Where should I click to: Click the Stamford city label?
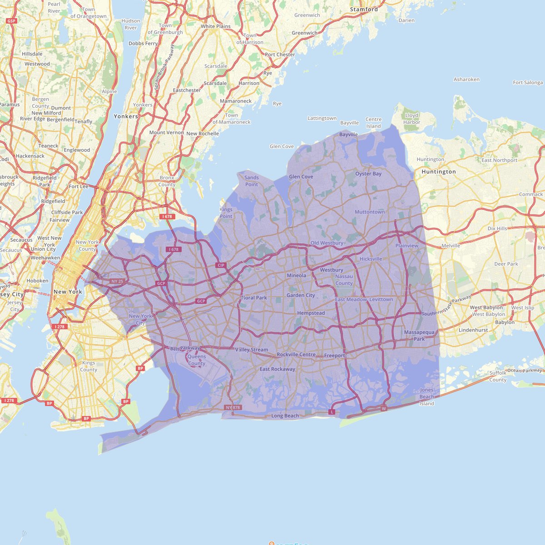click(x=364, y=9)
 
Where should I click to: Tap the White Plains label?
click(x=216, y=26)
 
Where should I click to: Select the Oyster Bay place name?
click(x=368, y=174)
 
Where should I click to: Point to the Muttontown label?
click(x=370, y=212)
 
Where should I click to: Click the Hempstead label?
click(x=311, y=313)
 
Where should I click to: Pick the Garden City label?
click(x=301, y=296)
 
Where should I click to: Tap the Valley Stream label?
click(x=252, y=350)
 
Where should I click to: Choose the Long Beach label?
click(x=285, y=416)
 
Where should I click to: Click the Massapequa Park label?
click(x=419, y=336)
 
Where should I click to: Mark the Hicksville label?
click(x=371, y=259)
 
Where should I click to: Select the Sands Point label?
click(x=252, y=181)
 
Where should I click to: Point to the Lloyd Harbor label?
click(x=412, y=119)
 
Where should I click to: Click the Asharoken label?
click(x=466, y=79)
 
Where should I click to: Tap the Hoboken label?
click(x=37, y=281)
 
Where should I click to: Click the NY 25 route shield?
click(x=117, y=282)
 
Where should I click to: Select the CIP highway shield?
click(x=221, y=265)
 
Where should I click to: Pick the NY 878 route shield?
click(x=233, y=408)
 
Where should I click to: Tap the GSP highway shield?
click(x=11, y=21)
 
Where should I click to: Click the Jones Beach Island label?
click(x=427, y=397)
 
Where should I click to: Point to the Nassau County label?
click(x=344, y=280)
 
